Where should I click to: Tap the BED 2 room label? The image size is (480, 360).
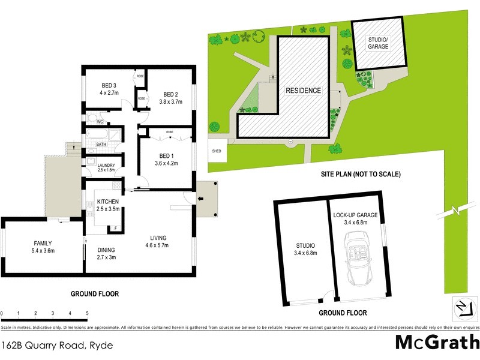click(170, 94)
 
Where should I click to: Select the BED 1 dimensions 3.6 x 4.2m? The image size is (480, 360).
click(166, 163)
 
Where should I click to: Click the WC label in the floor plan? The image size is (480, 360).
click(101, 120)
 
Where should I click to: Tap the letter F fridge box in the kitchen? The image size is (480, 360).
click(115, 228)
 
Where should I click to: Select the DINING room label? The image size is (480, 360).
click(106, 250)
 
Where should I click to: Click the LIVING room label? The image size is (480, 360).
click(158, 238)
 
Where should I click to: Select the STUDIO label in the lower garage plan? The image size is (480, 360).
click(305, 246)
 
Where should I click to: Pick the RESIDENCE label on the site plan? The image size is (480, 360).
click(303, 91)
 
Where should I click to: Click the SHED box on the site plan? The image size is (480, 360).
click(217, 152)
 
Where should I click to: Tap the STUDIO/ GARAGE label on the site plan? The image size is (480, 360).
click(379, 43)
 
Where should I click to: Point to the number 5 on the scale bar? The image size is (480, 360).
click(87, 313)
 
